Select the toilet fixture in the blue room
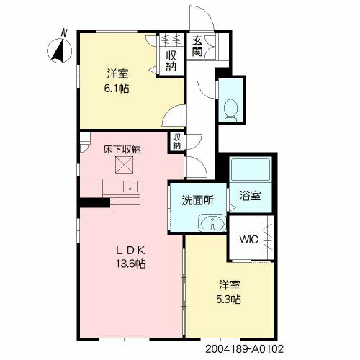(230, 110)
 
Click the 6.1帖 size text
(116, 89)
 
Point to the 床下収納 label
(122, 150)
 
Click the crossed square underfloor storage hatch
(124, 165)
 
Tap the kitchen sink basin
(130, 186)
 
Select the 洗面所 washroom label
(197, 201)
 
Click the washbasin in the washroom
(212, 223)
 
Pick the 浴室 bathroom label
(250, 196)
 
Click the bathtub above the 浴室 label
(251, 169)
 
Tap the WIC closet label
(248, 240)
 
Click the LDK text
(131, 251)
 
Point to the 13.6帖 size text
(131, 264)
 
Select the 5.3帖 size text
(228, 300)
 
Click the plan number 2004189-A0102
(244, 349)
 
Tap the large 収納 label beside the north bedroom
(171, 61)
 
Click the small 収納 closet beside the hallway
(176, 142)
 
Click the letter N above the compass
(64, 32)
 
